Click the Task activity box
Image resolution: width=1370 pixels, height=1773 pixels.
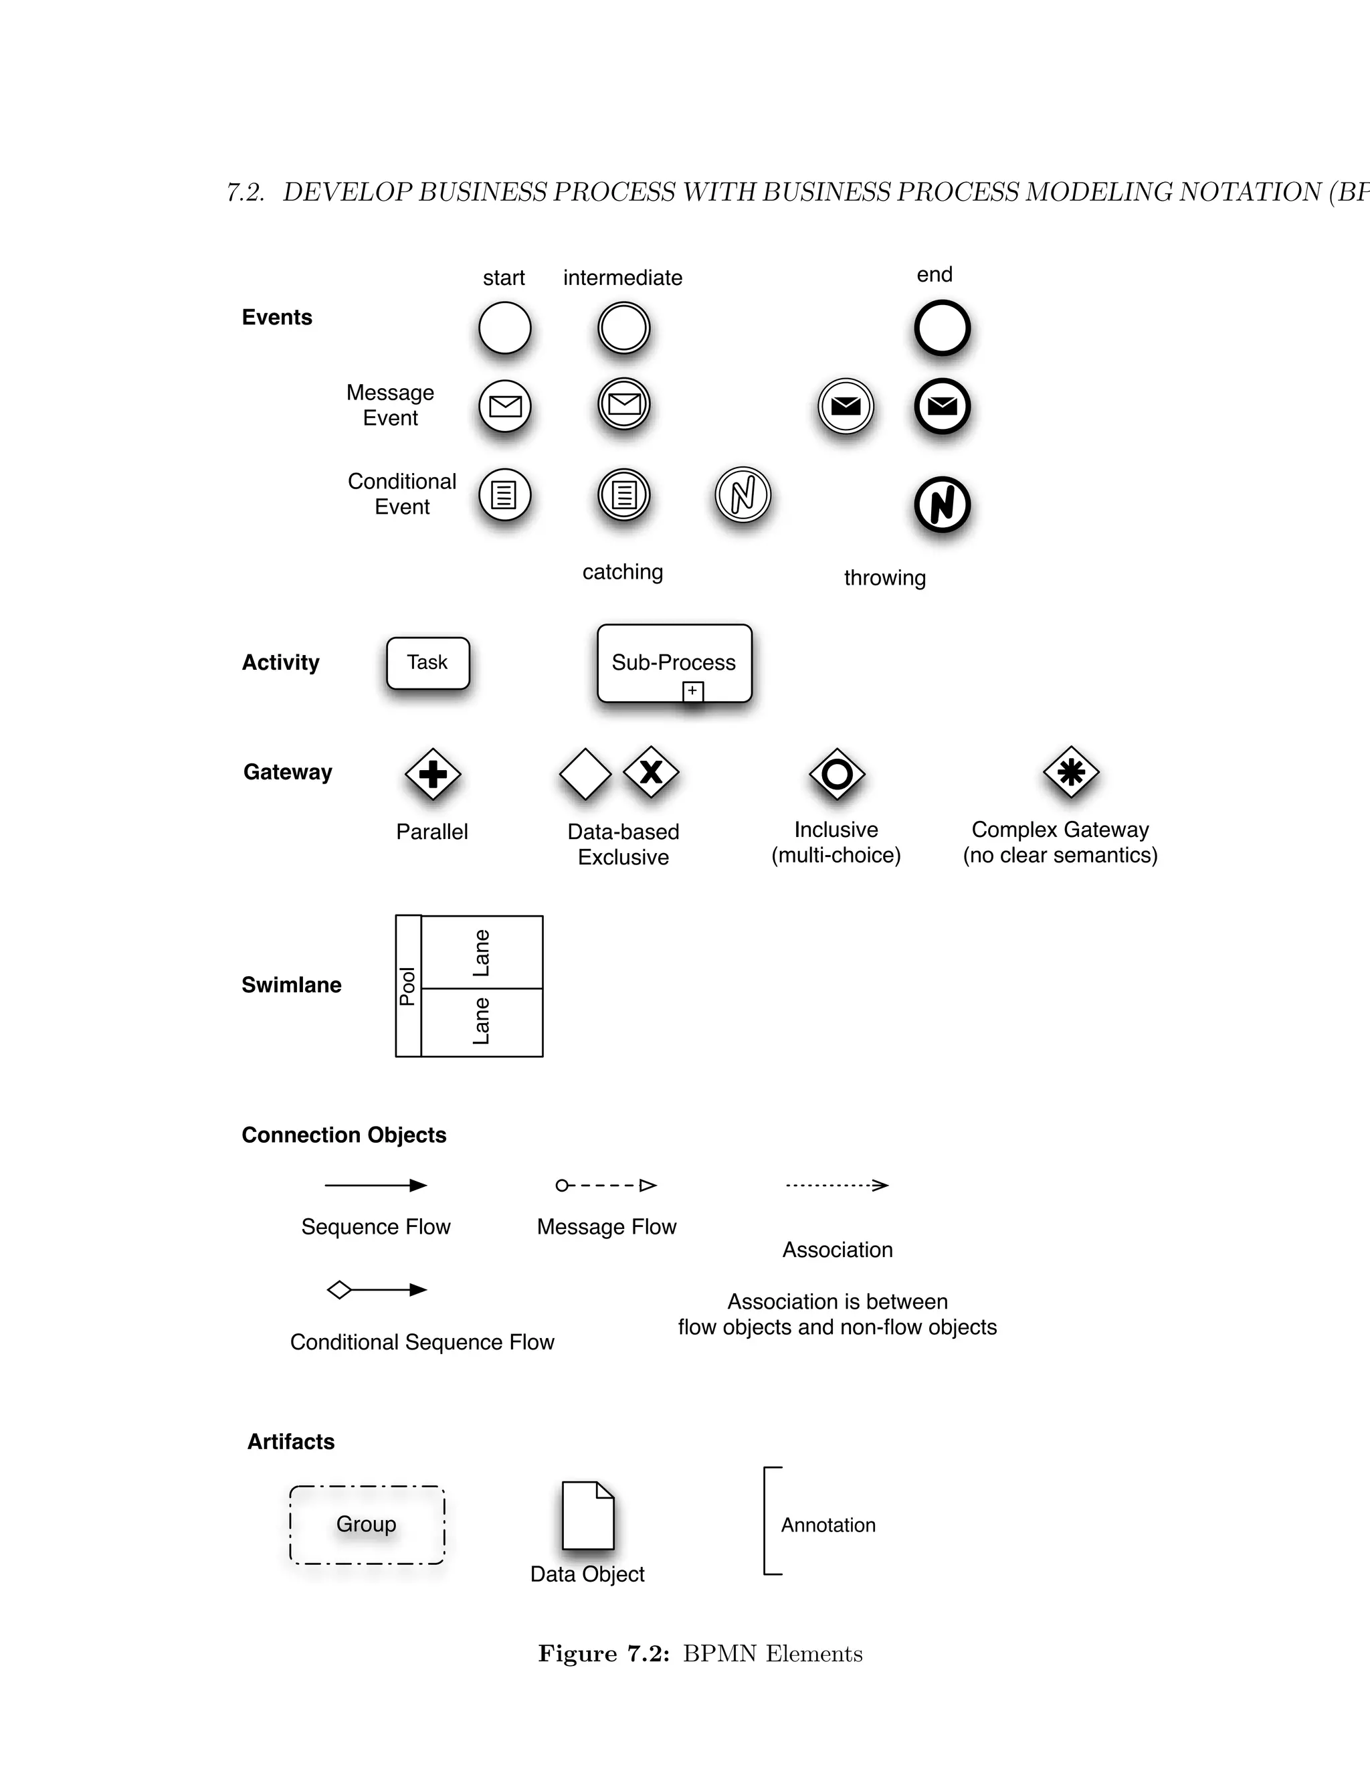coord(427,663)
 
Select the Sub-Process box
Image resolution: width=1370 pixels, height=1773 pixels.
coord(674,662)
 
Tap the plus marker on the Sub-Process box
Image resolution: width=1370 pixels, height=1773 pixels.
coord(692,691)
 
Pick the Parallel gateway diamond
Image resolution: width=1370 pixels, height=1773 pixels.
coord(433,773)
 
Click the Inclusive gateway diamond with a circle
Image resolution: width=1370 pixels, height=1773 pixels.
coord(837,773)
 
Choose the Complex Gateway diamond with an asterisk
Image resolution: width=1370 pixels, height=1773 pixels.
coord(1070,772)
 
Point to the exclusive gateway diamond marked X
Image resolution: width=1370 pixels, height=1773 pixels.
coord(651,772)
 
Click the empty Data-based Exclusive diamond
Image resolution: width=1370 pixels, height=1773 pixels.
coord(585,773)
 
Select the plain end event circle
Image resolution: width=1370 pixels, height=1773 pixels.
coord(941,328)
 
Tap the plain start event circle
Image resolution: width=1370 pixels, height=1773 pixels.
coord(505,328)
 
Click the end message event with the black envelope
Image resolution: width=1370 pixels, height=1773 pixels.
coord(941,406)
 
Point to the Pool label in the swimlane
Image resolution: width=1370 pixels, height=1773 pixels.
coord(407,986)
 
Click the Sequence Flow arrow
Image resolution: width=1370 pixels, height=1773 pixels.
coord(375,1186)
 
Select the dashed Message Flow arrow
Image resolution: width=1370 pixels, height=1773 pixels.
coord(606,1186)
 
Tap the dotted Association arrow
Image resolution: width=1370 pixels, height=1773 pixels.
coord(837,1186)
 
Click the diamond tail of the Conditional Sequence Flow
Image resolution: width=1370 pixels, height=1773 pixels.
coord(339,1290)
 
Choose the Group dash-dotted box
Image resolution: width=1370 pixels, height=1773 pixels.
coord(367,1525)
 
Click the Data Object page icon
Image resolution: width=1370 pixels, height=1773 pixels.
coord(587,1515)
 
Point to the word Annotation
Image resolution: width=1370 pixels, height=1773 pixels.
coord(828,1525)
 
